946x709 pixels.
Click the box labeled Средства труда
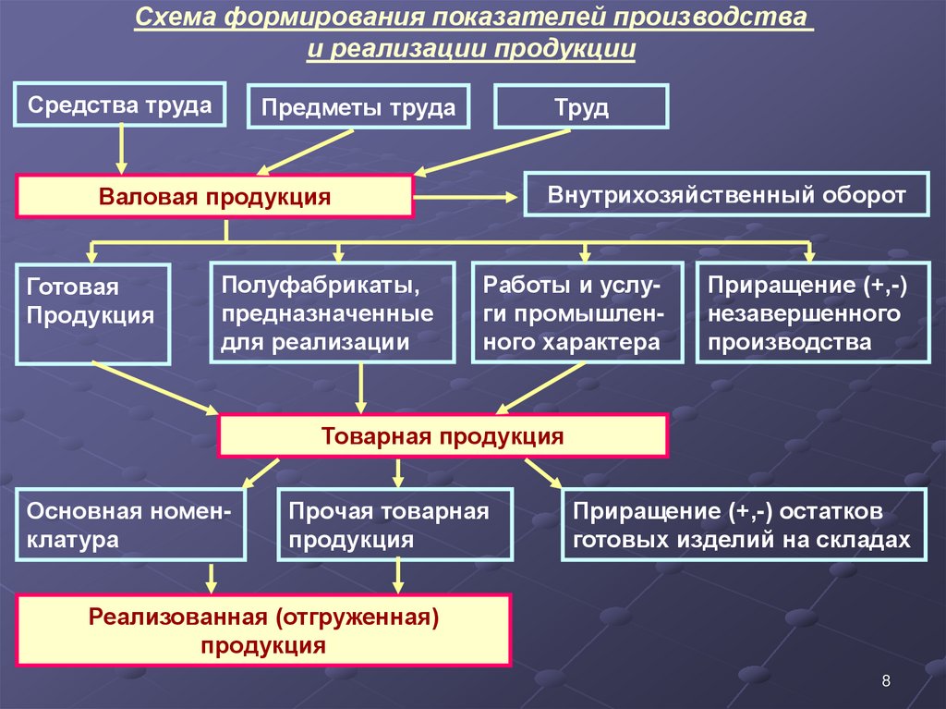click(120, 104)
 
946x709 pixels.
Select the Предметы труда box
click(358, 107)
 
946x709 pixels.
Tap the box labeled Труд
click(581, 107)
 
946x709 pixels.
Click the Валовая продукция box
click(213, 197)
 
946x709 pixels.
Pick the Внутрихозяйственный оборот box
click(726, 195)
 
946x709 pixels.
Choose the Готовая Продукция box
click(92, 313)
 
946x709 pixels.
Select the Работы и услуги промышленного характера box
click(577, 312)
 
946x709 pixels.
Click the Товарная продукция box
click(442, 436)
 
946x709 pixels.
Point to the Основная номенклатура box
click(130, 524)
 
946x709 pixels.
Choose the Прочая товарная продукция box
click(396, 524)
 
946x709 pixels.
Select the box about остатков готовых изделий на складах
click(743, 524)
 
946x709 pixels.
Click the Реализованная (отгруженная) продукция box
click(262, 630)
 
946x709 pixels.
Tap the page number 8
click(886, 682)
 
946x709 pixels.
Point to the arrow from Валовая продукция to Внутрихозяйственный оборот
click(467, 196)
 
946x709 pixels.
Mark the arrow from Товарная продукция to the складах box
click(543, 472)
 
